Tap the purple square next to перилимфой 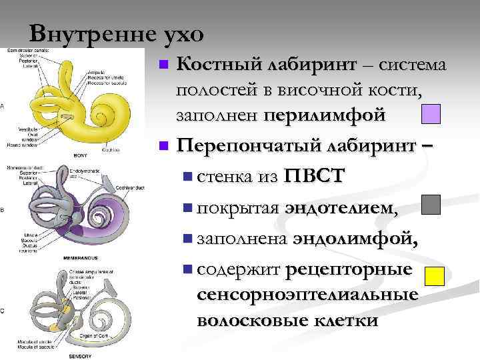431,114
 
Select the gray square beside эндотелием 431,205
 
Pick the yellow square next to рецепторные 435,276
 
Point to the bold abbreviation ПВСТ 315,176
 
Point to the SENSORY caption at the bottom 80,356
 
